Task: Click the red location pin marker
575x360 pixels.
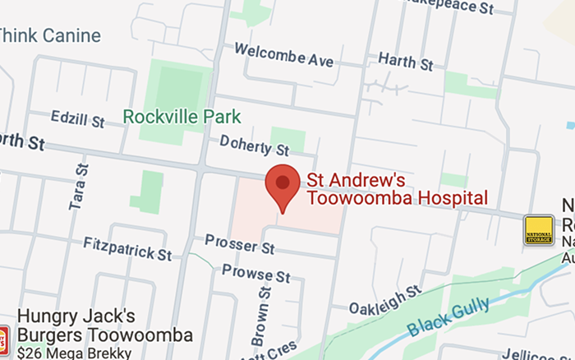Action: point(282,185)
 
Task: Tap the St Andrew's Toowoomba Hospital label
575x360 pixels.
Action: point(397,189)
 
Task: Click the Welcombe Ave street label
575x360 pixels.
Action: point(283,55)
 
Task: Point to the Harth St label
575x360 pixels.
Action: point(405,61)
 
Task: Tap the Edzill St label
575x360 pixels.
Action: point(77,119)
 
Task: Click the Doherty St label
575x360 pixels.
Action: point(255,146)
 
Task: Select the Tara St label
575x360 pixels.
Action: point(79,187)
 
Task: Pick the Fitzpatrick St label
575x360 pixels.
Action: point(127,245)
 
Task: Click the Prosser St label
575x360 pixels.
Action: point(240,243)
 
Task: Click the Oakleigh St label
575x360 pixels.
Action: point(384,300)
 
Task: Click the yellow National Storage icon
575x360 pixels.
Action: point(538,230)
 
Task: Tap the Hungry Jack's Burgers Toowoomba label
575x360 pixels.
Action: point(104,325)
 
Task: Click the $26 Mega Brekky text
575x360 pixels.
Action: point(74,353)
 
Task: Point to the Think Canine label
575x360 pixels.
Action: point(49,35)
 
